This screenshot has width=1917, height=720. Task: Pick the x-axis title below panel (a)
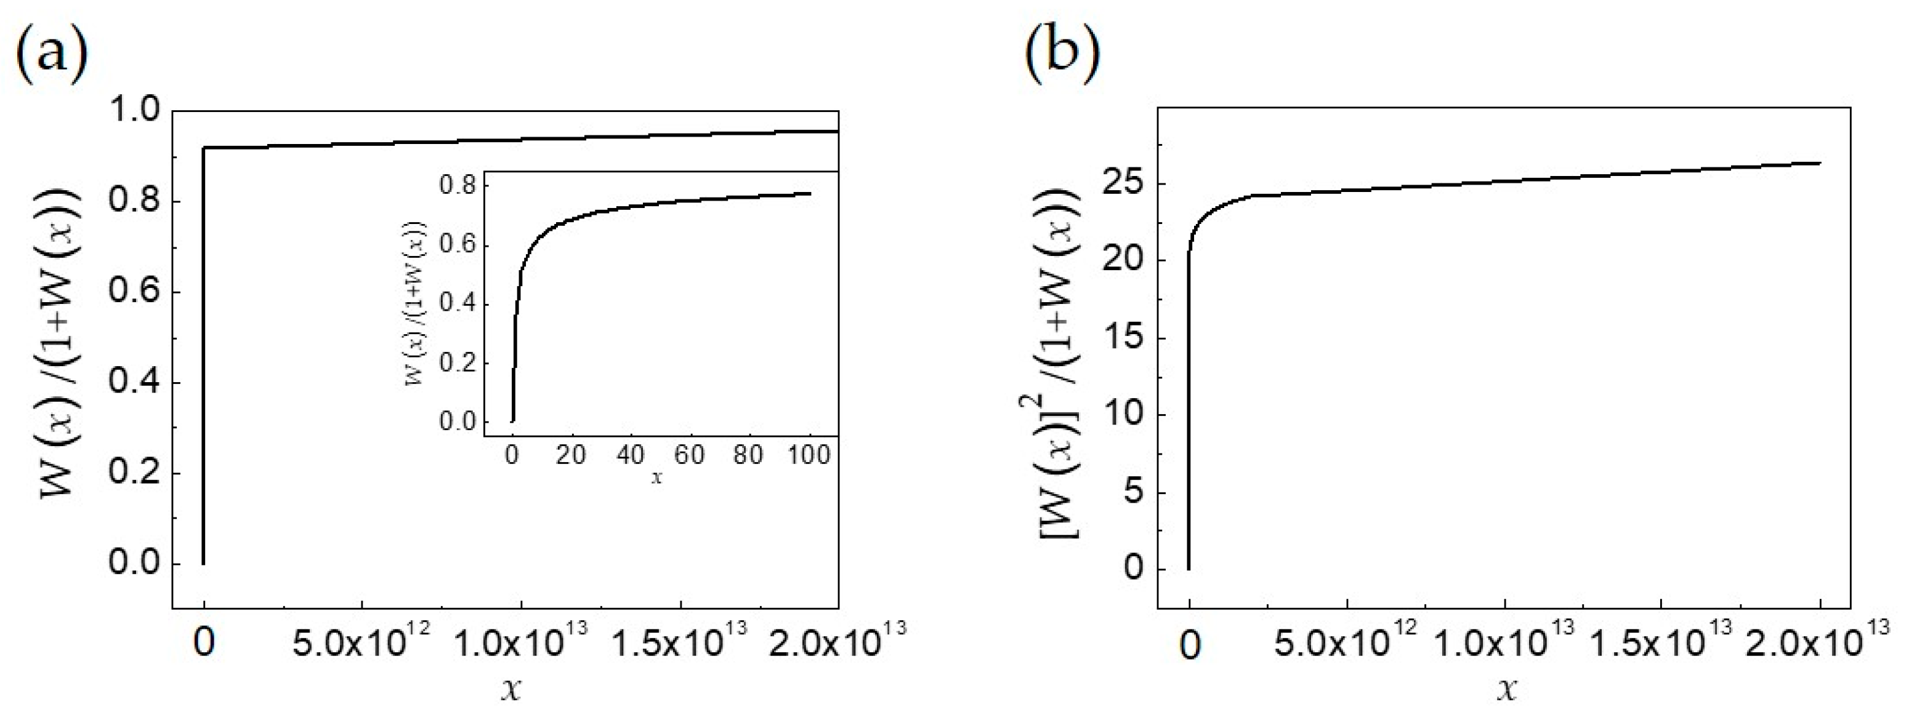pos(510,688)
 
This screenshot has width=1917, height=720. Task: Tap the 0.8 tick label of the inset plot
pos(457,186)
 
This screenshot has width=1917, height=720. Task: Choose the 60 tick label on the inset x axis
pos(689,455)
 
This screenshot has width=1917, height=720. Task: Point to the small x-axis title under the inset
pos(657,478)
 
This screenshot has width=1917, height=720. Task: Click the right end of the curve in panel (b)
pos(1820,163)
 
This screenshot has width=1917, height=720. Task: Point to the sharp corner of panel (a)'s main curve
pos(204,148)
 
